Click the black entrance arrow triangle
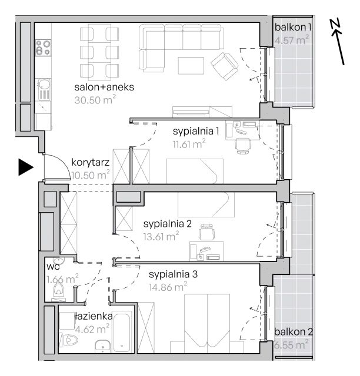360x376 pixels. pyautogui.click(x=26, y=167)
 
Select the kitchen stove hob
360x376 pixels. pyautogui.click(x=43, y=48)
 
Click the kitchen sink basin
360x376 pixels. pyautogui.click(x=44, y=84)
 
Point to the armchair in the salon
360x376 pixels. pyautogui.click(x=225, y=66)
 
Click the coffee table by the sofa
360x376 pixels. pyautogui.click(x=191, y=65)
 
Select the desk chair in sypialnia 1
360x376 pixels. pyautogui.click(x=243, y=146)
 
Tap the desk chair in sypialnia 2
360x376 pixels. pyautogui.click(x=206, y=231)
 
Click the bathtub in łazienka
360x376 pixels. pyautogui.click(x=122, y=333)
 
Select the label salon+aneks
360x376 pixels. pyautogui.click(x=104, y=87)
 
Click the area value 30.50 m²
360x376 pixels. pyautogui.click(x=95, y=99)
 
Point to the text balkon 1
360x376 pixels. pyautogui.click(x=293, y=27)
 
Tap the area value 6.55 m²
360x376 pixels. pyautogui.click(x=291, y=345)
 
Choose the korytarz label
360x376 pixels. pyautogui.click(x=91, y=162)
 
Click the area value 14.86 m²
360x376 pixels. pyautogui.click(x=168, y=287)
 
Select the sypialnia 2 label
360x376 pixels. pyautogui.click(x=168, y=224)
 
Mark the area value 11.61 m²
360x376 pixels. pyautogui.click(x=189, y=144)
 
